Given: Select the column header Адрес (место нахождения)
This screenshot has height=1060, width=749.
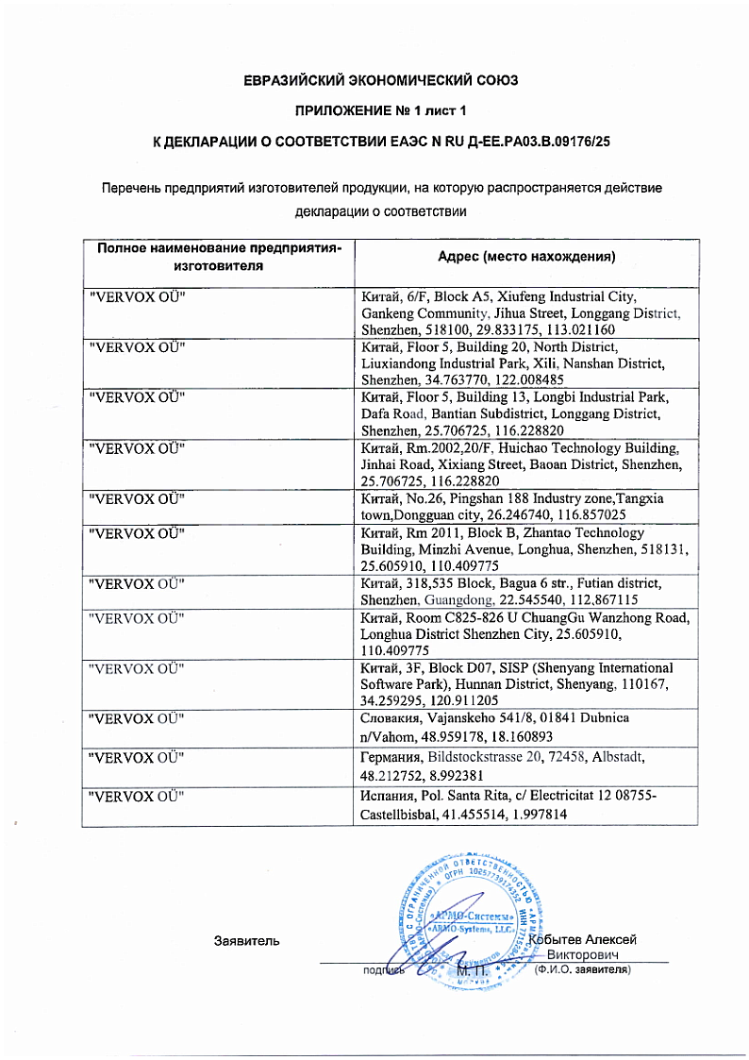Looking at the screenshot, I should click(x=526, y=257).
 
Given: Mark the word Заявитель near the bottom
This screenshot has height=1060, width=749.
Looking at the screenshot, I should click(x=247, y=941).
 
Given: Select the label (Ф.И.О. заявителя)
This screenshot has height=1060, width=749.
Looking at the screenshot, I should click(x=582, y=969).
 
